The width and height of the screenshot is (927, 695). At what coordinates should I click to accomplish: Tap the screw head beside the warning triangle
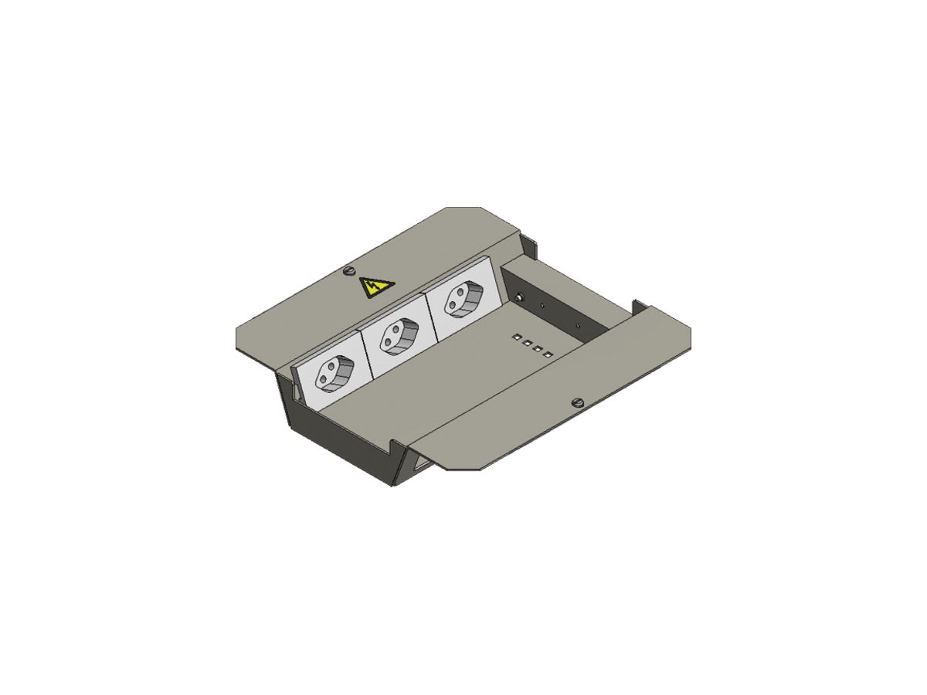(x=348, y=271)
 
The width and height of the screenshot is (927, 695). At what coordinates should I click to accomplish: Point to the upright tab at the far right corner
(x=637, y=306)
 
